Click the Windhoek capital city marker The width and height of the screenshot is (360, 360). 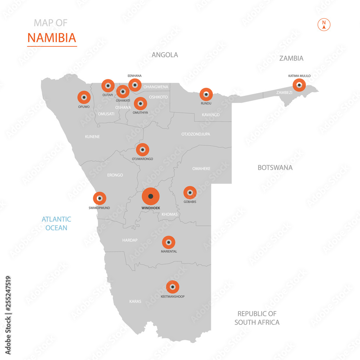point(150,196)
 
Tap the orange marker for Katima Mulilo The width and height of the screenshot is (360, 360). point(299,85)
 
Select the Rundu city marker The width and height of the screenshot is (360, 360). point(206,94)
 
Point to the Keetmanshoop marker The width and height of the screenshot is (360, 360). point(173,287)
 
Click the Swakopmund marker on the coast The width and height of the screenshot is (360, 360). point(99,198)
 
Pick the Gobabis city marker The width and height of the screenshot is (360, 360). point(190,193)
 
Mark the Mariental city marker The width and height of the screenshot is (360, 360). point(168,242)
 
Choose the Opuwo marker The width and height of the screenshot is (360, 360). point(84,97)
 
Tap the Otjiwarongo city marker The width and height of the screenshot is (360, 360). point(143,149)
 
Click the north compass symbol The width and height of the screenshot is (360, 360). point(324,24)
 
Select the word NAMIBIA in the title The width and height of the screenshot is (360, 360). point(52,38)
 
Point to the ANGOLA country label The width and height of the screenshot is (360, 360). point(165,55)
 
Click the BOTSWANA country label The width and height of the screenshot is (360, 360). point(275,167)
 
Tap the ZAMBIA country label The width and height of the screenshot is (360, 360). point(291,58)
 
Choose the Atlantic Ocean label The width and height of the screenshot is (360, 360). point(56,223)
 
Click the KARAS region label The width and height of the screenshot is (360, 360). point(135,301)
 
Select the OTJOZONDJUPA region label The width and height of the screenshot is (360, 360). point(195,134)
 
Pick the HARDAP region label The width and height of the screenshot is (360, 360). point(130,240)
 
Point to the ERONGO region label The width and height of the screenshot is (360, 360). point(115,175)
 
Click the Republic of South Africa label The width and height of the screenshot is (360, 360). point(257,318)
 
